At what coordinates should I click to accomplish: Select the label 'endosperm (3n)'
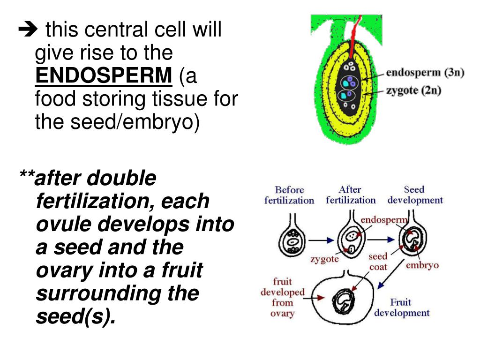tap(425, 73)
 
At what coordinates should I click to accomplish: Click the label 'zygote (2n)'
tap(413, 90)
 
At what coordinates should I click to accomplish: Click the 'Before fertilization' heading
tap(289, 195)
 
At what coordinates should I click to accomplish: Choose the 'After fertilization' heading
tap(351, 195)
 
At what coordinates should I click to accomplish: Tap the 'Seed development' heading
tap(415, 195)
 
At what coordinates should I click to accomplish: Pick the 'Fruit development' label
tap(402, 307)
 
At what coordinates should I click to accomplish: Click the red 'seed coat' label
tap(377, 262)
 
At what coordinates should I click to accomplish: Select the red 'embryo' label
tap(422, 265)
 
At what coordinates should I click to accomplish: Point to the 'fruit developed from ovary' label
tap(282, 298)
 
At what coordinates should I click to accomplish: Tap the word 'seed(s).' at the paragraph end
tap(75, 316)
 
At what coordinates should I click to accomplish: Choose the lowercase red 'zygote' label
tap(324, 259)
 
